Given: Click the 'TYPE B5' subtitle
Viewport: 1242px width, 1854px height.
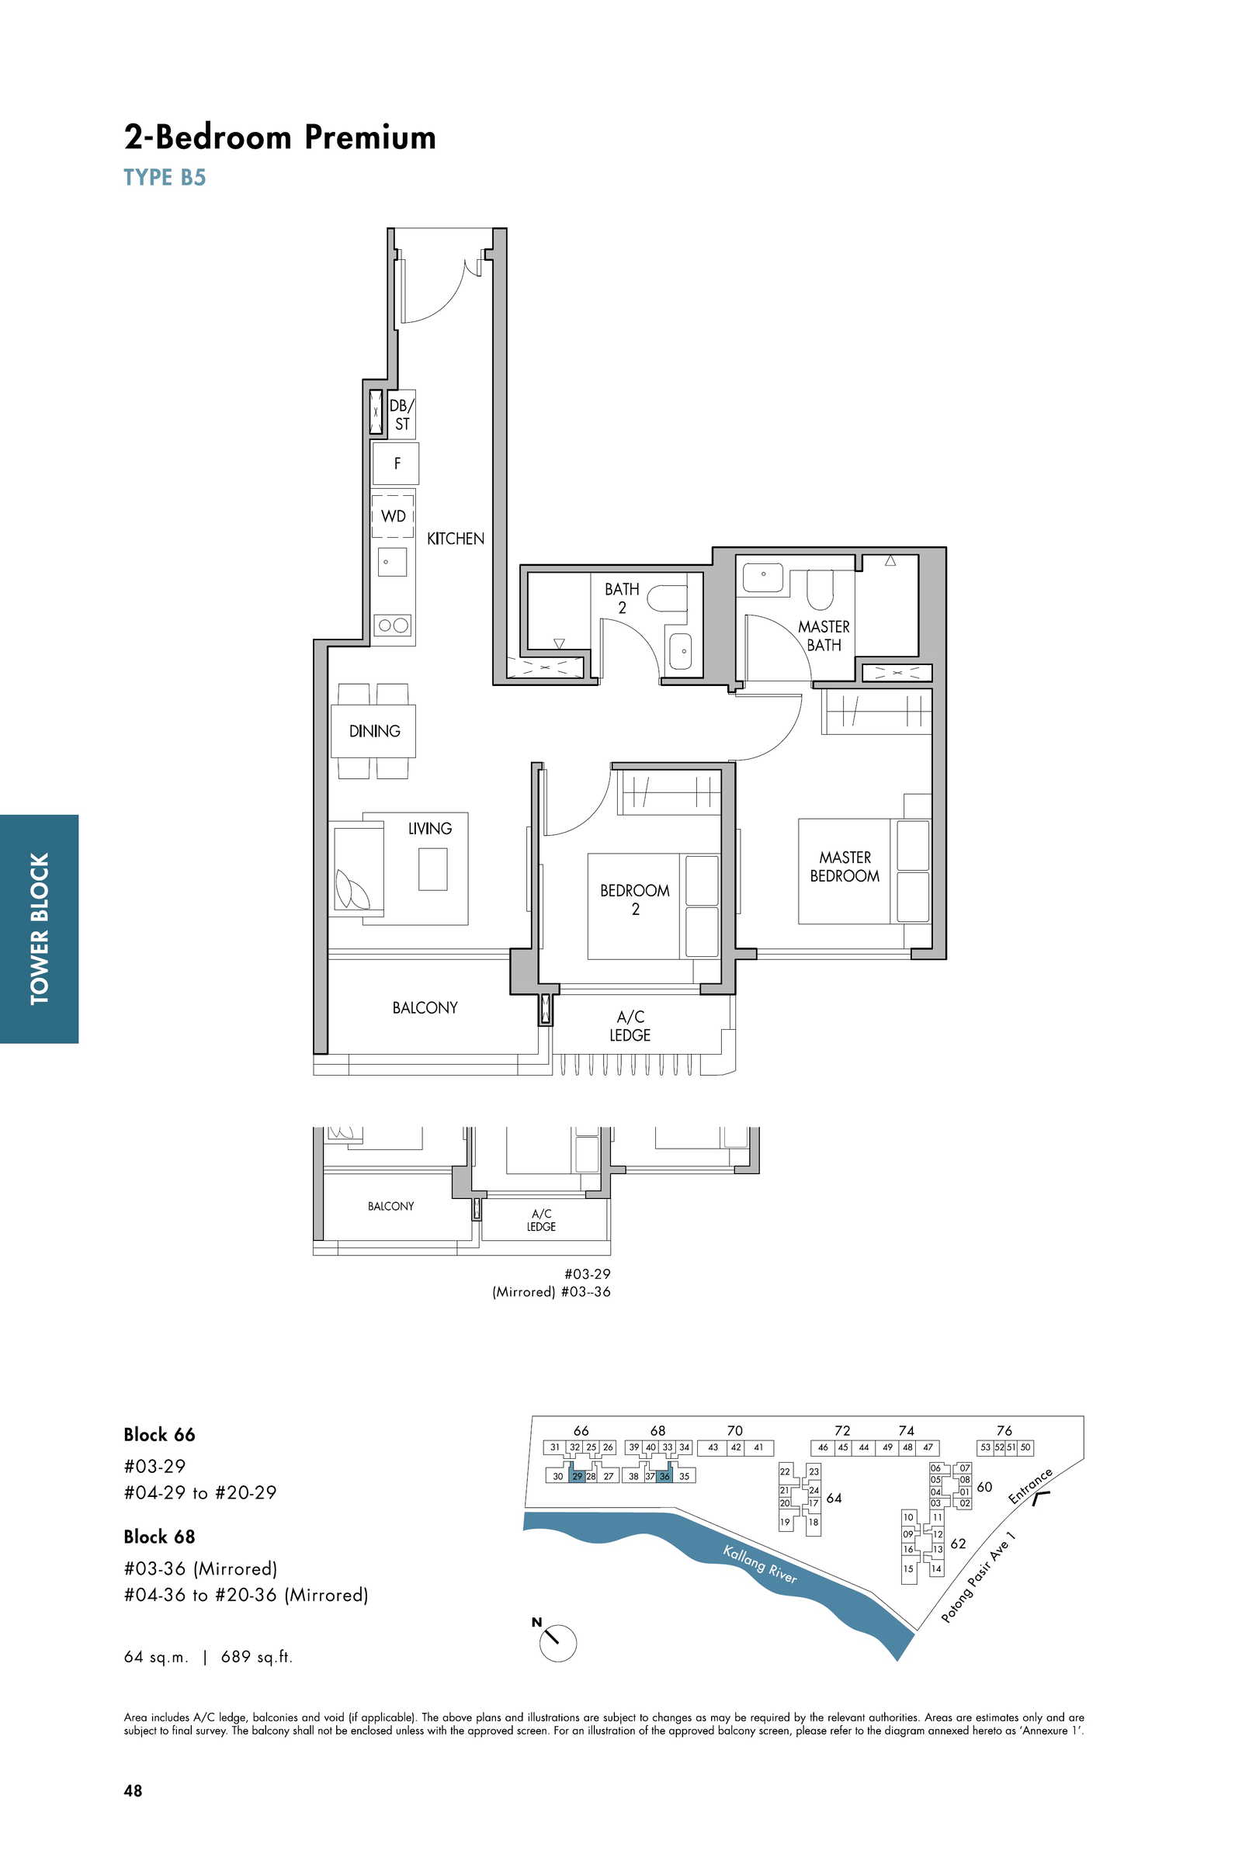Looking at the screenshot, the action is tap(165, 177).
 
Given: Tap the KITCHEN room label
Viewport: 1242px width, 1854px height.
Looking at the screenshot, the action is tap(456, 539).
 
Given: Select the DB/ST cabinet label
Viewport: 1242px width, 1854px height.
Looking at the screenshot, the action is tap(401, 414).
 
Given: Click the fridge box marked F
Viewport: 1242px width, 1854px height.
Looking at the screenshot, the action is tap(396, 463).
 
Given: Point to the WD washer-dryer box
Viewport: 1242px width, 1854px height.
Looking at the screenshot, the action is tap(393, 515).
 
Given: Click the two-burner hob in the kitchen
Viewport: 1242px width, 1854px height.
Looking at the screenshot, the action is tap(394, 625).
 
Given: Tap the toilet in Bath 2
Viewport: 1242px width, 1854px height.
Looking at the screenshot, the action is tap(665, 598).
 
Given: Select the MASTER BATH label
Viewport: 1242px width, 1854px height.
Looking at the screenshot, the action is tap(824, 636).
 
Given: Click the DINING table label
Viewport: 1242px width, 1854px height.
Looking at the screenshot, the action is tap(375, 731).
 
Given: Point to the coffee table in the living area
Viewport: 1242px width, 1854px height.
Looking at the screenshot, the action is tap(432, 868).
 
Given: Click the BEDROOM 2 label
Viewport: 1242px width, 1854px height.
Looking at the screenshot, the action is tap(634, 899).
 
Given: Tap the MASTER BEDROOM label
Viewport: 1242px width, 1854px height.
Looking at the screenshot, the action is tap(845, 866).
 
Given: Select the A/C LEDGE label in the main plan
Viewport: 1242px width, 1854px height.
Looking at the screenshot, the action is tap(630, 1026).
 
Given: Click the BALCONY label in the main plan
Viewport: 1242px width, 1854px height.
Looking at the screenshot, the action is tap(425, 1007).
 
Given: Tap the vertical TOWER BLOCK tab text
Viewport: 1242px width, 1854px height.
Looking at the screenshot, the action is tap(39, 928).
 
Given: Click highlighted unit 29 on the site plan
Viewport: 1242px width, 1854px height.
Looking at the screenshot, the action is tap(578, 1476).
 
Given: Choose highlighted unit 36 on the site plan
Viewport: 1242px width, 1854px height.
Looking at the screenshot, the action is tap(664, 1476).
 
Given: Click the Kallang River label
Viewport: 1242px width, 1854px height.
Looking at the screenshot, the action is tap(760, 1564).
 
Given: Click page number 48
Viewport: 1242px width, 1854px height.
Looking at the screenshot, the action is tap(133, 1790).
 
